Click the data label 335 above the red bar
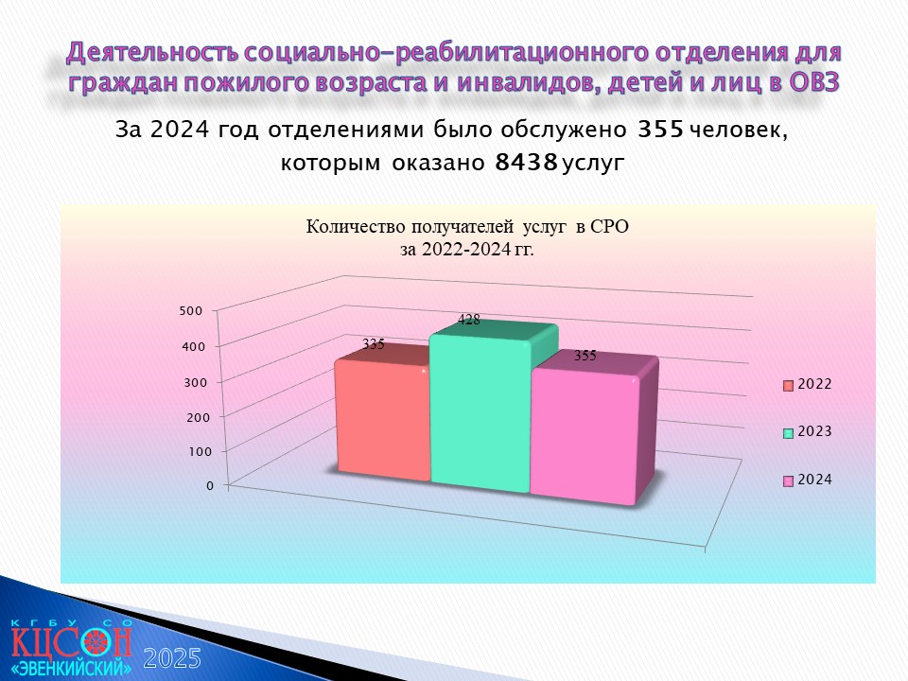pyautogui.click(x=374, y=344)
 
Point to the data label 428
pyautogui.click(x=469, y=320)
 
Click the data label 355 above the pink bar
pyautogui.click(x=585, y=356)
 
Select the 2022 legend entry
pyautogui.click(x=807, y=385)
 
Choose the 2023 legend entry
pyautogui.click(x=807, y=432)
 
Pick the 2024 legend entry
pyautogui.click(x=807, y=480)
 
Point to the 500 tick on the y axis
pyautogui.click(x=191, y=311)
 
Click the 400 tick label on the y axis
pyautogui.click(x=193, y=347)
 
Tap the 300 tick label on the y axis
pyautogui.click(x=196, y=383)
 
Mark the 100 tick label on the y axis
pyautogui.click(x=201, y=452)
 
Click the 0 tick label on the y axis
pyautogui.click(x=210, y=486)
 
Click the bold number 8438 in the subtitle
pyautogui.click(x=527, y=163)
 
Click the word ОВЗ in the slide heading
pyautogui.click(x=813, y=82)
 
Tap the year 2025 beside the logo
pyautogui.click(x=172, y=659)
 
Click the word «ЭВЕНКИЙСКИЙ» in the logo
pyautogui.click(x=71, y=668)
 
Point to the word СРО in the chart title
pyautogui.click(x=609, y=227)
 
